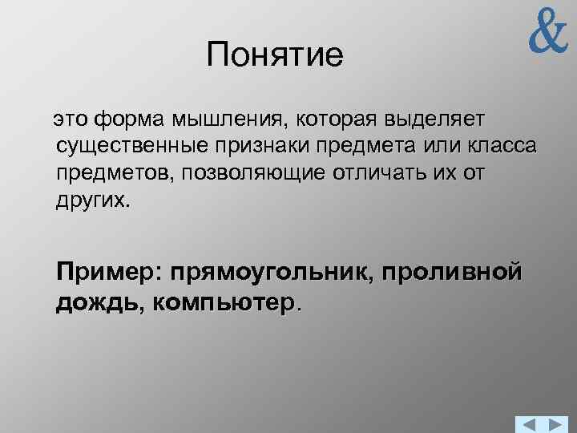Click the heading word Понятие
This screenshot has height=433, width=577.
click(x=274, y=55)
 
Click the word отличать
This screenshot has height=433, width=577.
click(x=387, y=173)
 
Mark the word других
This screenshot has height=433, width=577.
click(x=91, y=200)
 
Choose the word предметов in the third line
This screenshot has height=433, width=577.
click(x=115, y=173)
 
